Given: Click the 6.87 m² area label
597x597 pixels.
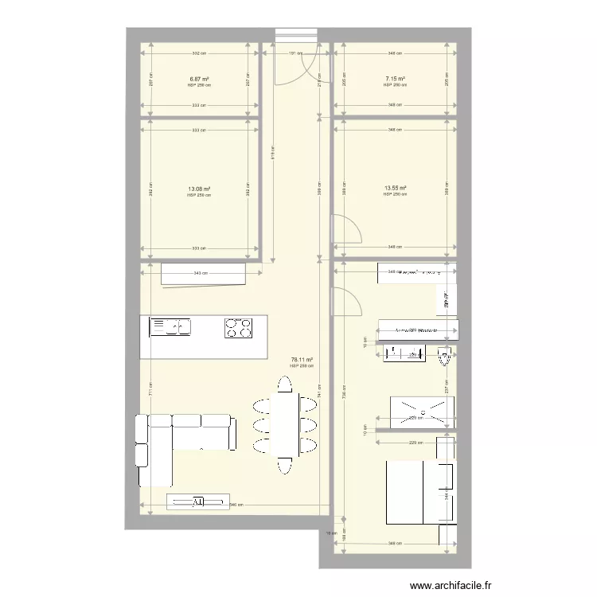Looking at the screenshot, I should pos(199,80).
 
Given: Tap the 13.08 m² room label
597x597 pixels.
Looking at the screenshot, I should pos(199,189).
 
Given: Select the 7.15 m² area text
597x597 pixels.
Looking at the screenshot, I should pos(395,80).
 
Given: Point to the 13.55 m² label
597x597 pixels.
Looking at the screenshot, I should pos(395,189).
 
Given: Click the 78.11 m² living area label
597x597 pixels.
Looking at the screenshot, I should pos(301,361).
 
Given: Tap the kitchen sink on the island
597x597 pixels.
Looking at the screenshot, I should pos(170,326).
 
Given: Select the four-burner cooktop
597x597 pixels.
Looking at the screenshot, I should pos(238,326).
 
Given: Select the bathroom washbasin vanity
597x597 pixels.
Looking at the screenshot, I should pos(406,353).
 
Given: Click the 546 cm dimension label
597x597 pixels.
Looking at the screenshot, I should pos(236,505).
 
